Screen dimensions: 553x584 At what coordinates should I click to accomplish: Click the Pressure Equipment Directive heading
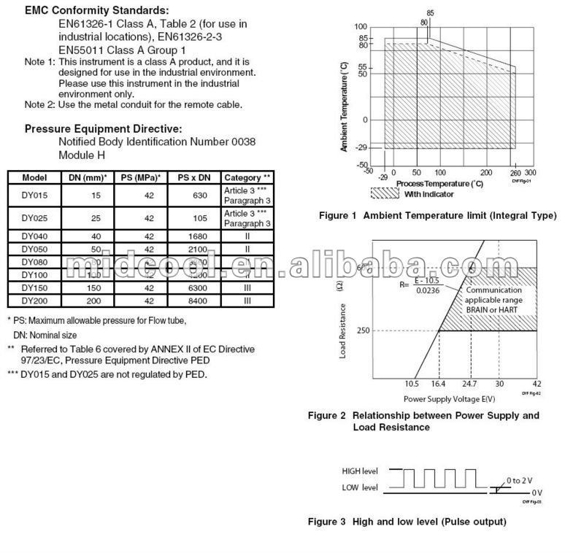click(103, 128)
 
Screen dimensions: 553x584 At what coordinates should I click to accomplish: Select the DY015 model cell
click(34, 196)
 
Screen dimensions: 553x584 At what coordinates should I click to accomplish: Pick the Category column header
click(247, 177)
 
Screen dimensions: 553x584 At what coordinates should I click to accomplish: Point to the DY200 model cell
click(34, 300)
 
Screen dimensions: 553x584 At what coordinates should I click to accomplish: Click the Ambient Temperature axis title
click(344, 107)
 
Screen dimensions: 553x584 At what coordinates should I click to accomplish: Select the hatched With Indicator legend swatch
click(385, 193)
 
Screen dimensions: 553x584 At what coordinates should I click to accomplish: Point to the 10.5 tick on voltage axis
click(412, 384)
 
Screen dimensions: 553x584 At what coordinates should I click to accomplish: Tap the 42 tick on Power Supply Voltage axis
click(537, 384)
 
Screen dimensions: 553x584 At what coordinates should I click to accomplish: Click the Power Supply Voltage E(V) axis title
click(449, 399)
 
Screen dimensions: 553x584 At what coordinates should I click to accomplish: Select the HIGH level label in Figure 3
click(360, 470)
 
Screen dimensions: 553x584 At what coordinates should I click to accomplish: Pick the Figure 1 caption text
click(438, 215)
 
